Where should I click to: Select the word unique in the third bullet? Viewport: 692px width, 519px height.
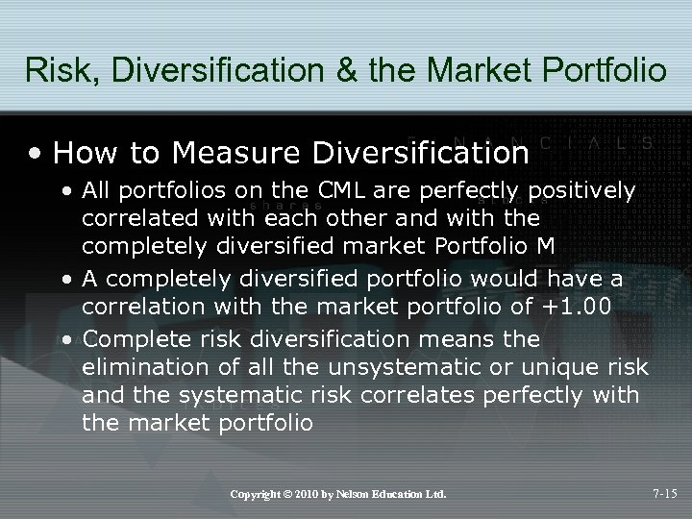coord(559,368)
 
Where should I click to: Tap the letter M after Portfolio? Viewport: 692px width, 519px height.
coord(547,243)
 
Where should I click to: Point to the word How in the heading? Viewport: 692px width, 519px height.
coord(78,152)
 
